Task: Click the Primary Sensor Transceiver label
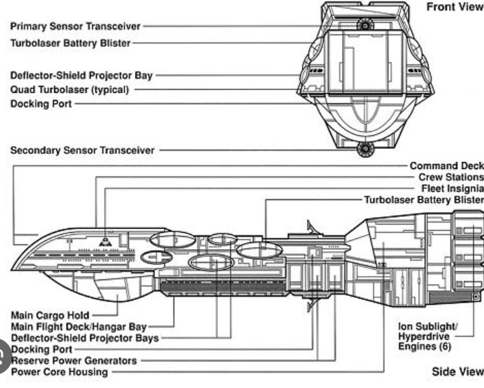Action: pyautogui.click(x=76, y=26)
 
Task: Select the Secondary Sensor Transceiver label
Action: pyautogui.click(x=82, y=150)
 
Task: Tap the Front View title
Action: pyautogui.click(x=455, y=7)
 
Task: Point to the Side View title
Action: pyautogui.click(x=458, y=372)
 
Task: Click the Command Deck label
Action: pyautogui.click(x=447, y=166)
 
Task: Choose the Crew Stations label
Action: pyautogui.click(x=451, y=177)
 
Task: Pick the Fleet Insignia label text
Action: pyautogui.click(x=452, y=189)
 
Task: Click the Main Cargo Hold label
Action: pyautogui.click(x=50, y=315)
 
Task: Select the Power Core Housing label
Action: pyautogui.click(x=59, y=372)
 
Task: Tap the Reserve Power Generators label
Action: pyautogui.click(x=73, y=361)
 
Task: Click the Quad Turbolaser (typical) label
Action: pyautogui.click(x=69, y=90)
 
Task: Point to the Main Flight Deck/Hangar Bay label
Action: pyautogui.click(x=79, y=327)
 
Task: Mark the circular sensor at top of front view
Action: pyautogui.click(x=365, y=25)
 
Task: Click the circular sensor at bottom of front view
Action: pyautogui.click(x=365, y=149)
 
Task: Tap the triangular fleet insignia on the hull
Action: pyautogui.click(x=105, y=242)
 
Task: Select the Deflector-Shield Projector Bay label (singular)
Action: pyautogui.click(x=82, y=76)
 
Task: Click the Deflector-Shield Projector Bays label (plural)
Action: pyautogui.click(x=85, y=338)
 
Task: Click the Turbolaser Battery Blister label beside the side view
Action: pyautogui.click(x=424, y=200)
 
